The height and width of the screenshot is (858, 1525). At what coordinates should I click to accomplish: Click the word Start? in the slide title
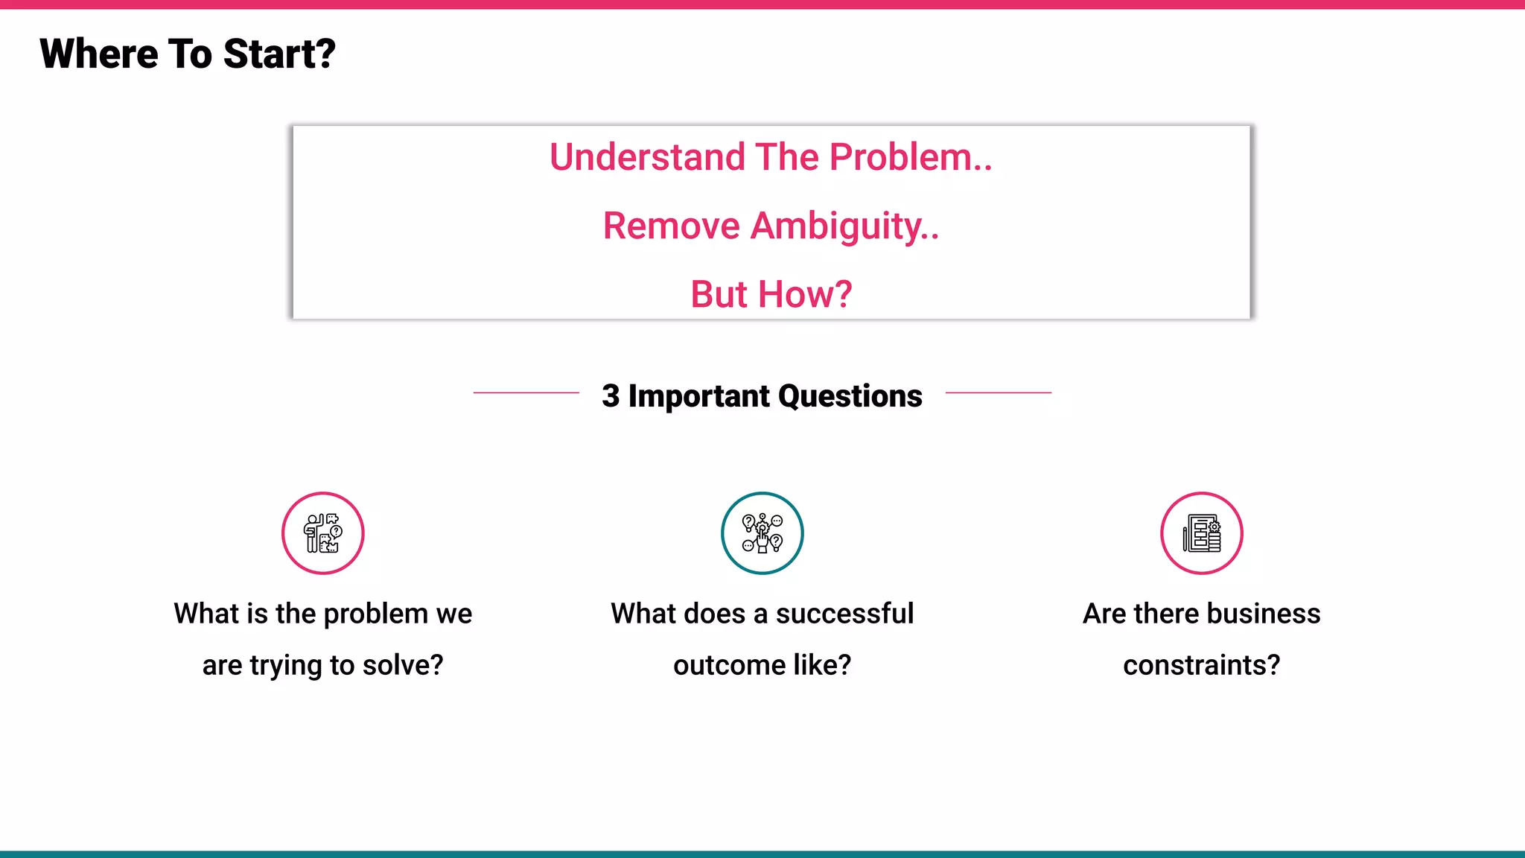(279, 54)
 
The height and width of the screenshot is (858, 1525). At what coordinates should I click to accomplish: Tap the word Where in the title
(98, 54)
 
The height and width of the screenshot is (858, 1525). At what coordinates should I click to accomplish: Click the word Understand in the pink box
(647, 157)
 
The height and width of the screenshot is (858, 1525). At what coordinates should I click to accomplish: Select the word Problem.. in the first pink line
(911, 157)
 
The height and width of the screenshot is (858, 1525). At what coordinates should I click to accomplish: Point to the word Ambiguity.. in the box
(844, 226)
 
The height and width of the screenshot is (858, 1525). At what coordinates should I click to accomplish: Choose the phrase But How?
(771, 294)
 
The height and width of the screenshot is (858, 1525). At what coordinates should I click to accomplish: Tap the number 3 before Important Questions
(611, 395)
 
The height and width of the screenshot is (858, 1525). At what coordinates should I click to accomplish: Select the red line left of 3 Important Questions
(526, 393)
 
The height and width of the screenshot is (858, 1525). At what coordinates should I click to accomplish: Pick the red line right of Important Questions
(998, 393)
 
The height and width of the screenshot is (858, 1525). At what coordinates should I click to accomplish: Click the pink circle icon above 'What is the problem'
(322, 533)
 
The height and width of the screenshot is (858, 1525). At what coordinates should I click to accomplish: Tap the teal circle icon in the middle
(762, 533)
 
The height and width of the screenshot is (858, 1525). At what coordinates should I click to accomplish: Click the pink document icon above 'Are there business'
(1201, 533)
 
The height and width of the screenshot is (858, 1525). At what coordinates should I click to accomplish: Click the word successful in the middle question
(844, 614)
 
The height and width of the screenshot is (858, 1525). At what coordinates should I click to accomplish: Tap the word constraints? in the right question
(1201, 665)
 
